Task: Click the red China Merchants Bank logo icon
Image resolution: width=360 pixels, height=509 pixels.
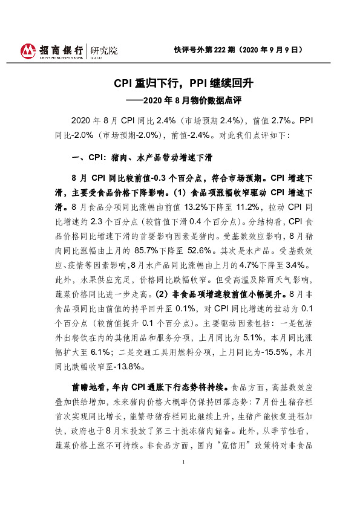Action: pos(28,51)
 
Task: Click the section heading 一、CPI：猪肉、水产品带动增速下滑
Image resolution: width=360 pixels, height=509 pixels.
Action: pos(141,157)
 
